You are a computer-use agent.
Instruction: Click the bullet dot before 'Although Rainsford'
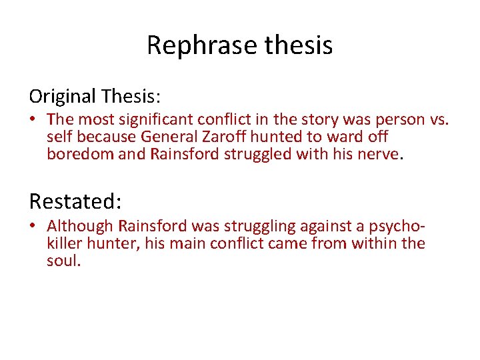(x=33, y=227)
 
